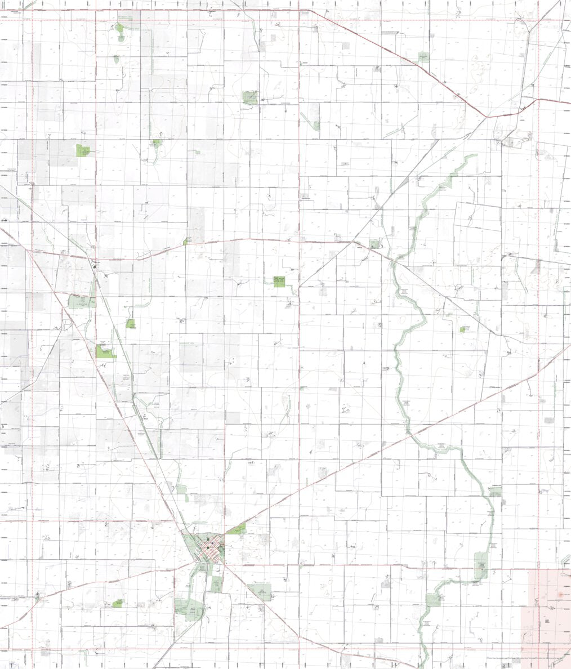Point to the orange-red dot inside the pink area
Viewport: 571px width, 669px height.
tap(560, 595)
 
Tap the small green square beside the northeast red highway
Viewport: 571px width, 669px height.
tap(423, 57)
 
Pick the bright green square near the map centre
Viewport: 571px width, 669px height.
tap(279, 282)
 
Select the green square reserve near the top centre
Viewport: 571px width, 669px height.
tap(249, 97)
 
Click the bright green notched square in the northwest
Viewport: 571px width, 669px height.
tap(84, 150)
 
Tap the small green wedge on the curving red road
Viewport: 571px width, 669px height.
tap(185, 242)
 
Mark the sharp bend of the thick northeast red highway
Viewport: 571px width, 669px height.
tap(487, 116)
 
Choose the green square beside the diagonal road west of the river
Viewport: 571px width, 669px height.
tap(374, 244)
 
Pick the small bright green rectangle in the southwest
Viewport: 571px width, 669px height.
tap(118, 603)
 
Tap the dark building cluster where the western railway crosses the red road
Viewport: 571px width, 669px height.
tap(96, 262)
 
